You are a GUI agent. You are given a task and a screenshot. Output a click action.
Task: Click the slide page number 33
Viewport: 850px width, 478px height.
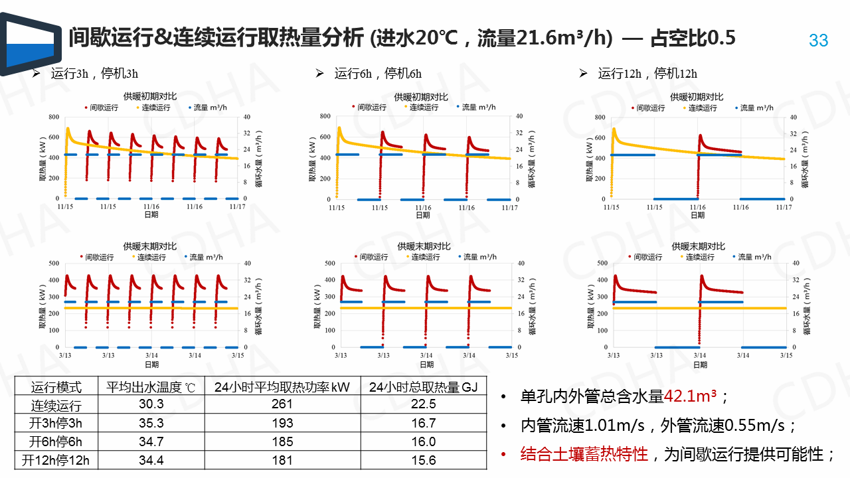tap(819, 40)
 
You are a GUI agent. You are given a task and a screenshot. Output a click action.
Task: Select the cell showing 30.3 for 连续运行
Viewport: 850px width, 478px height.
tap(151, 405)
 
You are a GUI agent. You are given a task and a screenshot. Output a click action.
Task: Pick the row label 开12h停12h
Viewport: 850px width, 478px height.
tap(56, 459)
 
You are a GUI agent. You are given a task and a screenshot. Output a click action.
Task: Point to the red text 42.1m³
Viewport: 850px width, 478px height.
tap(691, 397)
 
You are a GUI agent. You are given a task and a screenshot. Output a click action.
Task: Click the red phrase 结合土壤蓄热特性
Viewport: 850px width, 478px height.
tap(584, 454)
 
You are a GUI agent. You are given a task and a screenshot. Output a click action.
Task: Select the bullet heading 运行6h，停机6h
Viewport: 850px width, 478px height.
tap(378, 74)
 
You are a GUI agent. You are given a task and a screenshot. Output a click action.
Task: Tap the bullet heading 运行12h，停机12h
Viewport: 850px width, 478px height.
tap(647, 74)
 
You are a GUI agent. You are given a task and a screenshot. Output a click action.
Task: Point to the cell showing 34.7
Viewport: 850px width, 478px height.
tap(151, 441)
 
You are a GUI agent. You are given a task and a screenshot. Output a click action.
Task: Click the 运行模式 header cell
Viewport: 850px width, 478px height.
tap(56, 387)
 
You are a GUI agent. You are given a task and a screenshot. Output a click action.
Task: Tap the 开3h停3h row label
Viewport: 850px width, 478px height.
tap(56, 424)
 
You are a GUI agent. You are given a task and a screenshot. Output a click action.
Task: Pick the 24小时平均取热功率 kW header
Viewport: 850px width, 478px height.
tap(282, 387)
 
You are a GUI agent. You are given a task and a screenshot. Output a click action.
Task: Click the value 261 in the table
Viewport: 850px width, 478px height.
tap(282, 405)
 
